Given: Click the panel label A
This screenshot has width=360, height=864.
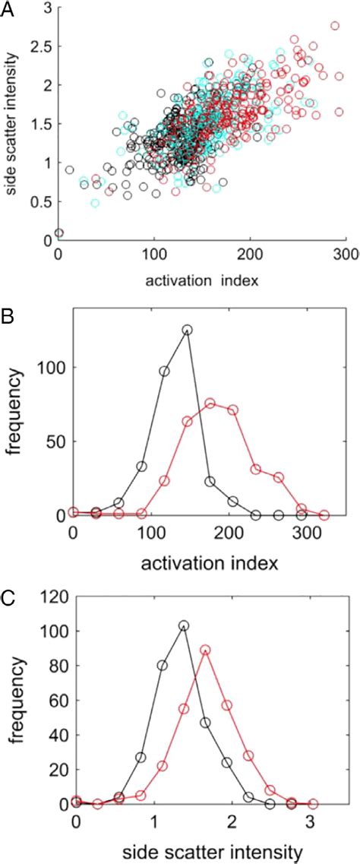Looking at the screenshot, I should [x=9, y=8].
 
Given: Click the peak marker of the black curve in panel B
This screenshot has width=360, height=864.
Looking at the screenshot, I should [x=187, y=330].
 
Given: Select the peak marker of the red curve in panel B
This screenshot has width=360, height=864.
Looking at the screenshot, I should [x=210, y=404].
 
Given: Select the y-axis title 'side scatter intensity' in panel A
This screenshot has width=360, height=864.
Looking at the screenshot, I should [x=12, y=131].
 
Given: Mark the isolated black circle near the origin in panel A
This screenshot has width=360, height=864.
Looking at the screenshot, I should [x=59, y=233].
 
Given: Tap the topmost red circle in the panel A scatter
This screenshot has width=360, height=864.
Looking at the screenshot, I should [x=335, y=26].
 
